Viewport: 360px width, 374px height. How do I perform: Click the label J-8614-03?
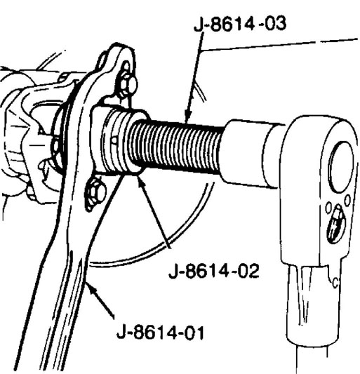(x=240, y=24)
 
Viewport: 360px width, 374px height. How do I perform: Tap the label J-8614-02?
(x=214, y=271)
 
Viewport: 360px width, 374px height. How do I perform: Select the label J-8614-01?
(x=160, y=333)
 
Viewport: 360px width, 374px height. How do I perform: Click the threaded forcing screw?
(x=176, y=146)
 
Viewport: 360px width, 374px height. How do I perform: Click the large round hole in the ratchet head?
(x=340, y=167)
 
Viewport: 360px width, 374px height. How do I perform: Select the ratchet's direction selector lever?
(x=336, y=224)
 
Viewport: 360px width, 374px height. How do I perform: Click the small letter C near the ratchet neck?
(x=335, y=283)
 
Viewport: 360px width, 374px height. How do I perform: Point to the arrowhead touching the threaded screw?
(x=187, y=116)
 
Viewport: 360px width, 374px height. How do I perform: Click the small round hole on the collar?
(x=114, y=140)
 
